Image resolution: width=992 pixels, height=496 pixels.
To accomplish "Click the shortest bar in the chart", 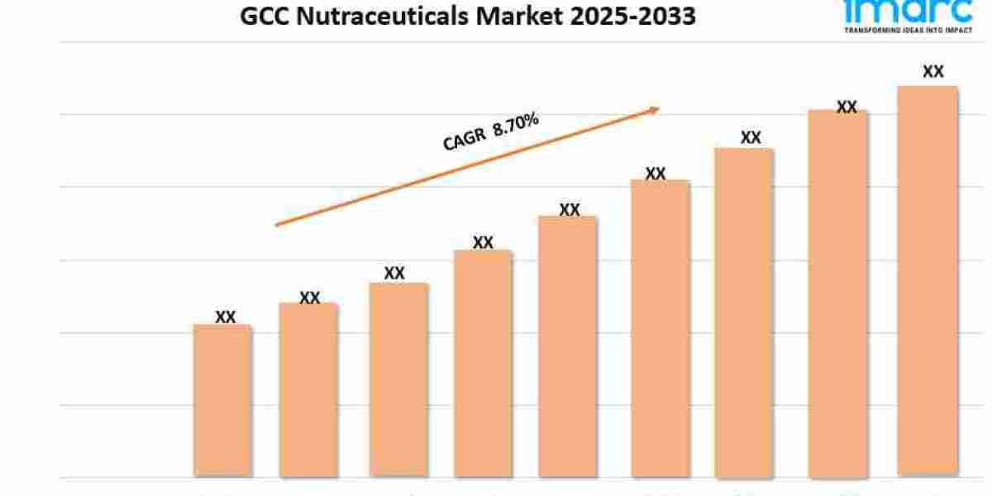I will pos(222,401).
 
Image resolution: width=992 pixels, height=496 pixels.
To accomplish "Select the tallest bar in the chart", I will pos(928,281).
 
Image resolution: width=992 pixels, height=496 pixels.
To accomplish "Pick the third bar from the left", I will pos(398,380).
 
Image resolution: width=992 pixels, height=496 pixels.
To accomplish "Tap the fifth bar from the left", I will pos(568,347).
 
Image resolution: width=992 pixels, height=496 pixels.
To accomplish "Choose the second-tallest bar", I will pos(837,293).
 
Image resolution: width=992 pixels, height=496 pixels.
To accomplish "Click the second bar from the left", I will pos(308,390).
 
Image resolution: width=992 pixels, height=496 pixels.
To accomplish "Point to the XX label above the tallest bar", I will pos(933,72).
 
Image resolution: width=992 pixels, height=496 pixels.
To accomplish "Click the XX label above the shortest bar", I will pos(225,317).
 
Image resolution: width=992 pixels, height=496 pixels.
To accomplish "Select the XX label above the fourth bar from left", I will pos(483,242).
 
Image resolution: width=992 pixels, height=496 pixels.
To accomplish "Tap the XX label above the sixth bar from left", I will pos(656,174).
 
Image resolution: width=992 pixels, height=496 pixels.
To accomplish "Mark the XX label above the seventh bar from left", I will pos(751,137).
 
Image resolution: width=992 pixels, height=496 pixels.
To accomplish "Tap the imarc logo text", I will pos(908,10).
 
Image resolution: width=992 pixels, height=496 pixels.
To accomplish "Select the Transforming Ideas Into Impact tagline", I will pos(908,29).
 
